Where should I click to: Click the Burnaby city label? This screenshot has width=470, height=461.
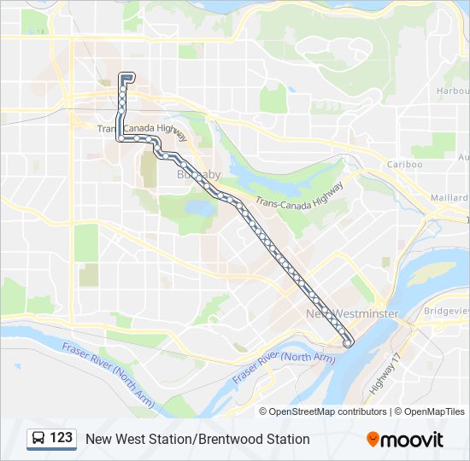[198, 174]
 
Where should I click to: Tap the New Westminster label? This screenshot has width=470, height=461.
[352, 314]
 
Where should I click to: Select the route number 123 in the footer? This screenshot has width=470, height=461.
[61, 438]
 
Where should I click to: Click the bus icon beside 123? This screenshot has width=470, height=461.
[39, 439]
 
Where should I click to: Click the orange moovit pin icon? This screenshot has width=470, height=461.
[373, 439]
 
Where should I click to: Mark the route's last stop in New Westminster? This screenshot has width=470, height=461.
[348, 342]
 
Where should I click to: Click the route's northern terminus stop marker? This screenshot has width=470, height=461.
[126, 77]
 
